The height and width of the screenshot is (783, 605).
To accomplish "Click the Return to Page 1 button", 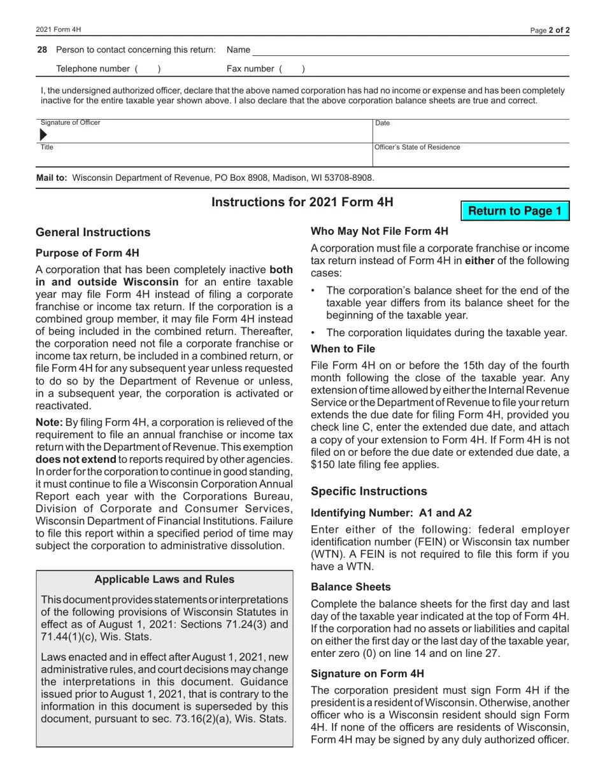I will [x=515, y=211].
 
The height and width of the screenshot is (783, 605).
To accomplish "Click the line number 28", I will [x=42, y=50].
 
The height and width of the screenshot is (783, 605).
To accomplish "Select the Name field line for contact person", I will [x=410, y=50].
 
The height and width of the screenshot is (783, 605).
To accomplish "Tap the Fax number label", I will [x=250, y=69].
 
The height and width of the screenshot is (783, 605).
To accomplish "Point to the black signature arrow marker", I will [x=43, y=135].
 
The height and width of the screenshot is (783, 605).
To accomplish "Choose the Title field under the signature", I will [x=204, y=156].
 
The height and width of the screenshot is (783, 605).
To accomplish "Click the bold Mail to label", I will [x=52, y=178].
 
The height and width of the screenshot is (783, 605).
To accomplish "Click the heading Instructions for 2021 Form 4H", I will [x=302, y=202].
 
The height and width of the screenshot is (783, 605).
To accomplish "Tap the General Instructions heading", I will [x=93, y=232].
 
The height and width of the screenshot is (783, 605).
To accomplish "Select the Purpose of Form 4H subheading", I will [x=87, y=253].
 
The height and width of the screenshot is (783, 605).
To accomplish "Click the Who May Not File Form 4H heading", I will [x=380, y=231].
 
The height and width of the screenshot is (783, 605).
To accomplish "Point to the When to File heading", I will [x=343, y=349].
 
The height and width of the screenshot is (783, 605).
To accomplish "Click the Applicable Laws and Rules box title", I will [x=164, y=579].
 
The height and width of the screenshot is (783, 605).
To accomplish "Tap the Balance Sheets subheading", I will [x=351, y=587].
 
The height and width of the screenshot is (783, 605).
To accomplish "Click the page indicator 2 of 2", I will [x=559, y=30].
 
